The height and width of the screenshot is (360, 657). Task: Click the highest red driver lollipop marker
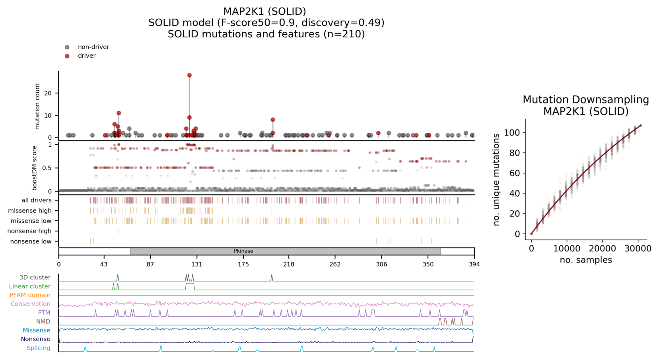189,75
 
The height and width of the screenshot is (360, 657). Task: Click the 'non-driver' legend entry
93,47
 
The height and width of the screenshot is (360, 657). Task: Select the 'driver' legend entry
86,56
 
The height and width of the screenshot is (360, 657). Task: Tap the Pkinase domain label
243,251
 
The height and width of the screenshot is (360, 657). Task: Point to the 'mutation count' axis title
37,106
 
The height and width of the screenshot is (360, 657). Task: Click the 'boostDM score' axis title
34,168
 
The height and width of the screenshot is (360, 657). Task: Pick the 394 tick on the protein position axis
474,264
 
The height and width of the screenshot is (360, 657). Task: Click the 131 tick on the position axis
197,264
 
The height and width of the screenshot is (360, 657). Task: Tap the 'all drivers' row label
37,200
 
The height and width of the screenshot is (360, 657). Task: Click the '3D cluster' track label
35,277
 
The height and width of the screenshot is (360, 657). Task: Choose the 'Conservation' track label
30,304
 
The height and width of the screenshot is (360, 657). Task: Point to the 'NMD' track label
43,321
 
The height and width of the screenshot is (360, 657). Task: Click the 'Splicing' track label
38,348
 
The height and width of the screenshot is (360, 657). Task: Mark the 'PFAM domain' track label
30,295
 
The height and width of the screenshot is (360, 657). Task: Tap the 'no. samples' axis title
585,260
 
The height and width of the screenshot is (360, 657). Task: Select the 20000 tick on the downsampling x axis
602,249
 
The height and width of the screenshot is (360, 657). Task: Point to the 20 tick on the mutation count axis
48,93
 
